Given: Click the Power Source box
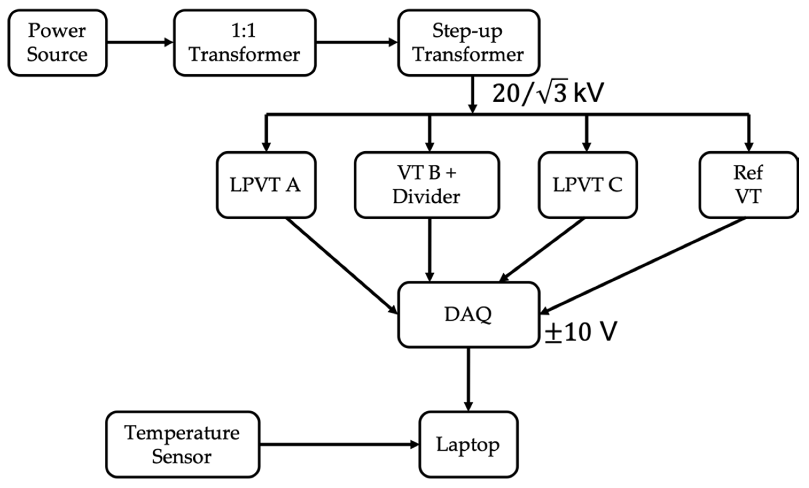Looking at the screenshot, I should tap(57, 43).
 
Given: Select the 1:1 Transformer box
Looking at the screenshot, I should tap(245, 43).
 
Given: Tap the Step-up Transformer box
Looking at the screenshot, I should tap(468, 43).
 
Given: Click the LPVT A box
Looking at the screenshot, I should tap(266, 185).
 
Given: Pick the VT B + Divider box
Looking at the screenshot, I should tap(427, 185).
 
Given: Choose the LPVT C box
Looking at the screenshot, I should tap(588, 185).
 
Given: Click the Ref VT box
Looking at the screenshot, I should tap(748, 185).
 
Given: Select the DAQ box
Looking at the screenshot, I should tap(468, 314).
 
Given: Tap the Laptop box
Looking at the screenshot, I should tap(468, 444).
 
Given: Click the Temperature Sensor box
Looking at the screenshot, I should tap(182, 444).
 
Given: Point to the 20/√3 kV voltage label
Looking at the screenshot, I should tap(548, 93).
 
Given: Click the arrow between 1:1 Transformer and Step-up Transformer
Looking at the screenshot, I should tap(357, 42).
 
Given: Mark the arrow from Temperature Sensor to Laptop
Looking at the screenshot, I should tap(338, 445).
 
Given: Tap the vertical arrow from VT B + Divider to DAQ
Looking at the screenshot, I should tap(430, 250).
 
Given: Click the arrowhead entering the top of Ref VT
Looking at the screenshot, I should tap(749, 146).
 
